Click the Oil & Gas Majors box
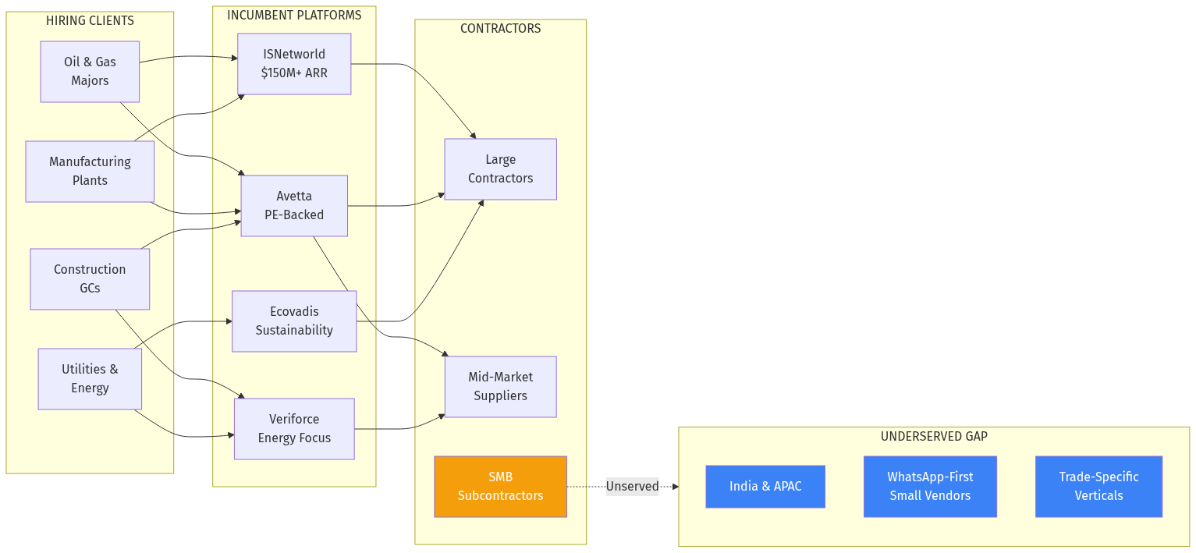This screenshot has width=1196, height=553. (x=90, y=72)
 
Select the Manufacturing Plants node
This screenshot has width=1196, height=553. (x=90, y=172)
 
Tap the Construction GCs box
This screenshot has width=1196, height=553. (x=90, y=279)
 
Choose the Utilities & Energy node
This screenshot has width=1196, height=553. (x=90, y=379)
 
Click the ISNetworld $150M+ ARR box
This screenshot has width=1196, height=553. (x=294, y=64)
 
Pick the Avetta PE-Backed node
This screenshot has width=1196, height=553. (x=294, y=206)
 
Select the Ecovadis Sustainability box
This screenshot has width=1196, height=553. (x=294, y=321)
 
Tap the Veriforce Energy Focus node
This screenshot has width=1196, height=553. (x=294, y=429)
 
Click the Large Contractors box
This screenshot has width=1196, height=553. (x=500, y=169)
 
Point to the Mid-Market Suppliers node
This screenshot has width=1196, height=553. (x=500, y=387)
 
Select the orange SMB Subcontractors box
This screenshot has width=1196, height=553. (x=500, y=487)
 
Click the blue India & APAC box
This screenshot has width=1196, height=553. (x=765, y=487)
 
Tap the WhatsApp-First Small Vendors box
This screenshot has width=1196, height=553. (x=930, y=487)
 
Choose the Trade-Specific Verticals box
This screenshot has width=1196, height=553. (x=1098, y=487)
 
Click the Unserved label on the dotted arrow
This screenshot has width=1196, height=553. (x=632, y=487)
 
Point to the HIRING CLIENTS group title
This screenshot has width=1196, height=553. (x=90, y=21)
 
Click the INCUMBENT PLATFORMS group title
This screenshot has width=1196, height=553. (x=294, y=16)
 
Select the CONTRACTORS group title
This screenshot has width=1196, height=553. (x=500, y=29)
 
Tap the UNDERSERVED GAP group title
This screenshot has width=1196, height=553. (x=934, y=437)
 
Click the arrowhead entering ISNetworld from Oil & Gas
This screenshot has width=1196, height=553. (x=233, y=57)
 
